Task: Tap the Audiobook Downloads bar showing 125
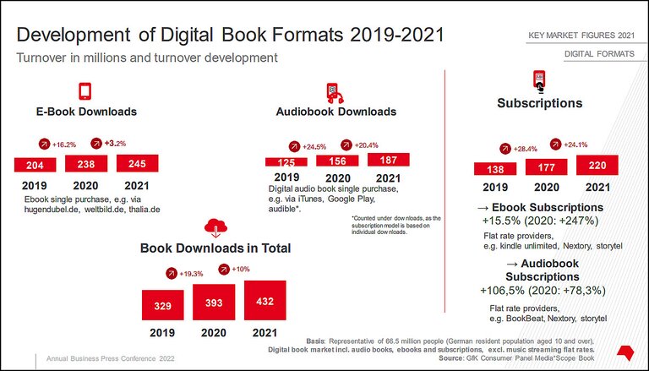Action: [286, 161]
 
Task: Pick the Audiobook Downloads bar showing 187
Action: [389, 160]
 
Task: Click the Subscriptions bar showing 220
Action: [597, 166]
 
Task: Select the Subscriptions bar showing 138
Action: [494, 169]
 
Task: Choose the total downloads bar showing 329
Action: [163, 304]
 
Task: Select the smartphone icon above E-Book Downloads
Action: [85, 91]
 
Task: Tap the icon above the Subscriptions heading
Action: [538, 81]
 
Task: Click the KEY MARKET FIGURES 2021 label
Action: [581, 35]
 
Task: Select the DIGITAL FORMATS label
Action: [599, 55]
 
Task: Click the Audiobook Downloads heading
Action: [335, 112]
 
